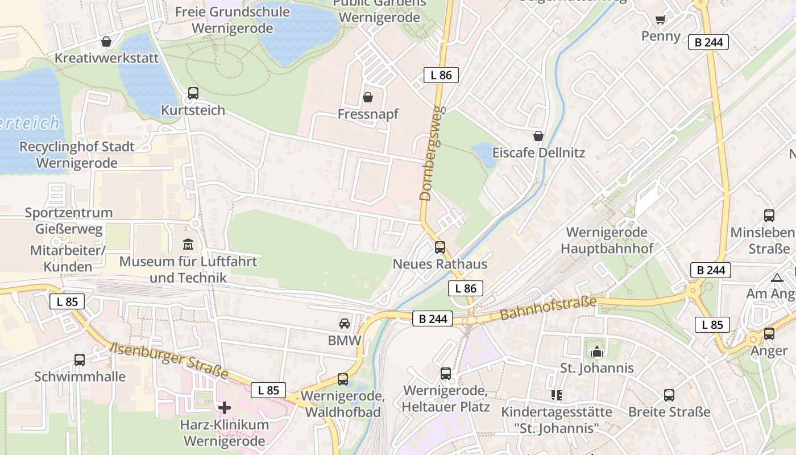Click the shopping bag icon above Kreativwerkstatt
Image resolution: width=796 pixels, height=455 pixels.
point(106,42)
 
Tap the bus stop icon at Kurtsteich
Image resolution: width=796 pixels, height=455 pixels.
point(193,93)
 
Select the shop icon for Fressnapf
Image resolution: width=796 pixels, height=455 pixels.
point(368,97)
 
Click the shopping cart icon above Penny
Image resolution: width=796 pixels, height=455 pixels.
point(660,20)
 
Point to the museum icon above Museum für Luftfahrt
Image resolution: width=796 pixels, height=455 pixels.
point(188,245)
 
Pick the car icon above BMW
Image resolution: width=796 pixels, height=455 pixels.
point(345,324)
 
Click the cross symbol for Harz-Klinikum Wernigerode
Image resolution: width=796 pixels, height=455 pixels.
point(225,407)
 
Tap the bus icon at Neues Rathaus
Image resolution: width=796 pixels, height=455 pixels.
point(440,247)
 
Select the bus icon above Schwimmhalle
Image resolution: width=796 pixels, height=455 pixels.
point(80,359)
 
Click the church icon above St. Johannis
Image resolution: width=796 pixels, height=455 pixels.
point(596,351)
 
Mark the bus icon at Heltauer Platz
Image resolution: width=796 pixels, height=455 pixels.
point(446,374)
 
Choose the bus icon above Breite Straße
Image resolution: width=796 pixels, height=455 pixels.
point(669,395)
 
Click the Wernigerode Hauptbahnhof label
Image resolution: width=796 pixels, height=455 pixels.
point(607,240)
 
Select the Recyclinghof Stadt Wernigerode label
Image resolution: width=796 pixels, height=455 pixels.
point(77,155)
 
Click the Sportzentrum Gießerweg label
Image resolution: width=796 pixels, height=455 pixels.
point(68,221)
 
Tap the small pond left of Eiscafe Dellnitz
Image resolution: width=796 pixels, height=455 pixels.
point(484,154)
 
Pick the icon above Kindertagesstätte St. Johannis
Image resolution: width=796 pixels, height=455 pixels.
point(556,395)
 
